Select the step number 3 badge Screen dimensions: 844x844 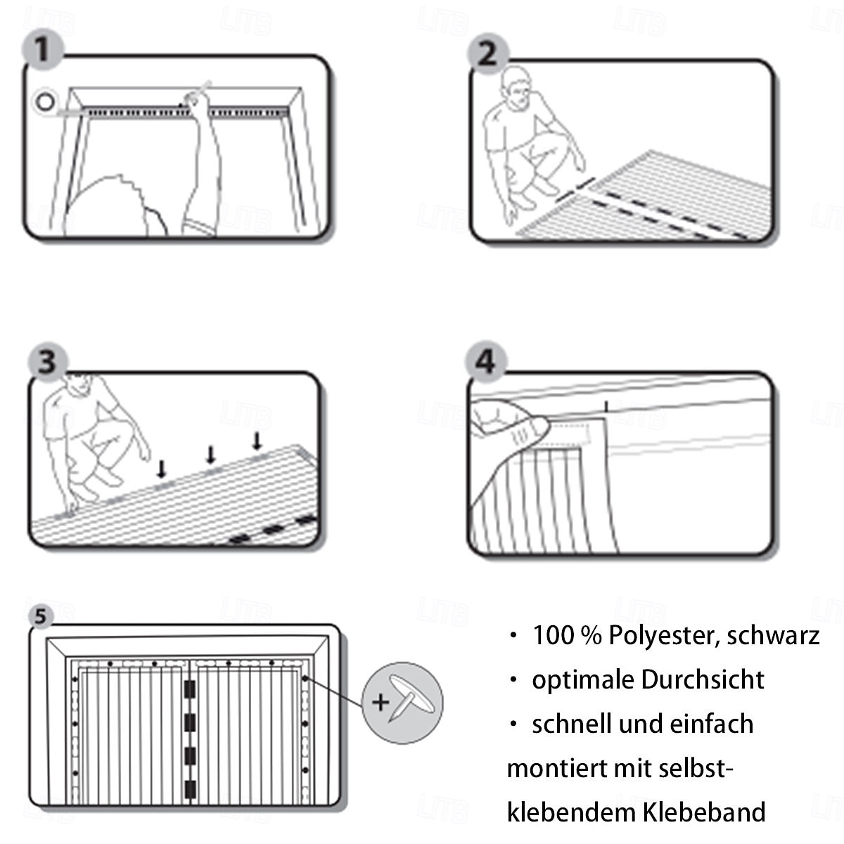click(46, 363)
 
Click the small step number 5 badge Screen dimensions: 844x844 click(41, 616)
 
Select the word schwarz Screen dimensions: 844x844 click(773, 635)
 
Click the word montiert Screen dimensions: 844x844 click(556, 768)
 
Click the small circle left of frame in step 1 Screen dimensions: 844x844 click(46, 101)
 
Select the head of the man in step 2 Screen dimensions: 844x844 click(516, 88)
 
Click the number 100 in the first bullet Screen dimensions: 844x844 click(553, 635)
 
